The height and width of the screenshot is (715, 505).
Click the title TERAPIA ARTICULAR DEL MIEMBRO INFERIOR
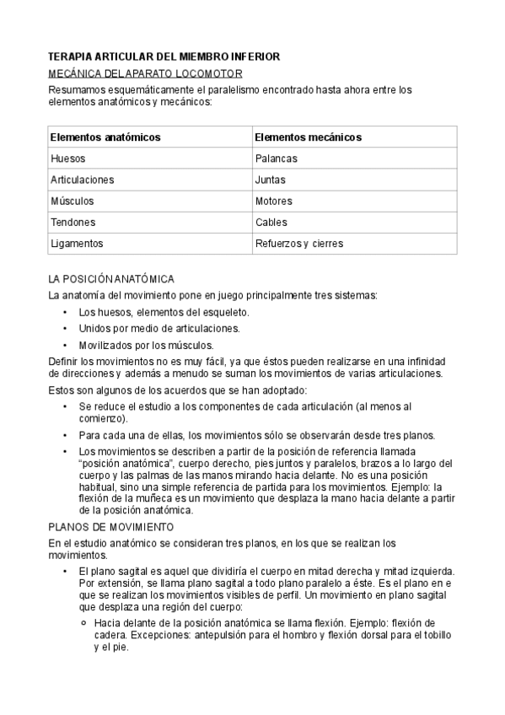(164, 56)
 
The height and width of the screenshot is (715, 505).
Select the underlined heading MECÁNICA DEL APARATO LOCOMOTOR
(146, 73)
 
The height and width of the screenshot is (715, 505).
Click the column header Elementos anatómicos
(105, 137)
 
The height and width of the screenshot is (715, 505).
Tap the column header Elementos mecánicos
(308, 137)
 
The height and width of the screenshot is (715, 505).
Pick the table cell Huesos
(67, 158)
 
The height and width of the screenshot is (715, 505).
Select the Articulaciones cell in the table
(82, 180)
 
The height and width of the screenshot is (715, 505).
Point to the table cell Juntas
(270, 180)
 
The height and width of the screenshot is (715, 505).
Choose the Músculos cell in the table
(72, 202)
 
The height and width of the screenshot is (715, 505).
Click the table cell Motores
(273, 202)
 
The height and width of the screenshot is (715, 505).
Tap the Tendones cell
(73, 223)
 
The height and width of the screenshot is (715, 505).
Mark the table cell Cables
(271, 223)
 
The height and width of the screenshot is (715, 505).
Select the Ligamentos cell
(76, 244)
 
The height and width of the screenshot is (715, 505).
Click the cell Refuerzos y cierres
(298, 244)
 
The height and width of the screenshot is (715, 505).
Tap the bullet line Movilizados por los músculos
(146, 345)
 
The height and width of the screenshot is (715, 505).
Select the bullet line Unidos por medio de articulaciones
(159, 328)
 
